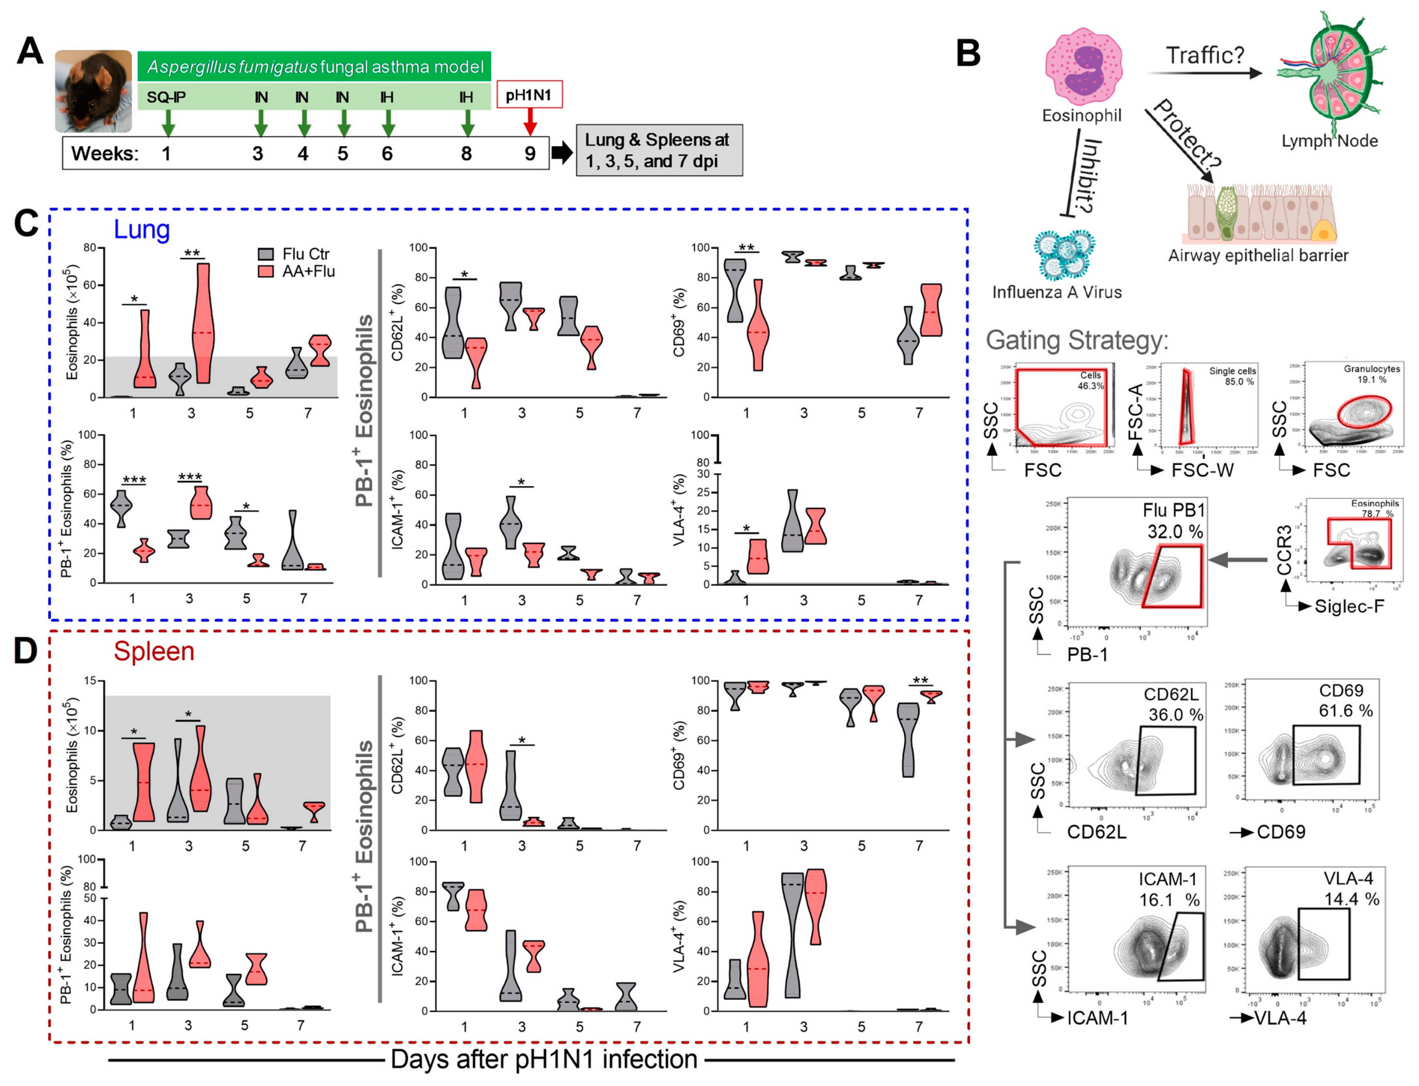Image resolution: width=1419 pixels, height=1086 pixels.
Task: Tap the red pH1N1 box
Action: [x=529, y=95]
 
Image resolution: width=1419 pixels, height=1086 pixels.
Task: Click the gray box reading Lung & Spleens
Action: [x=658, y=150]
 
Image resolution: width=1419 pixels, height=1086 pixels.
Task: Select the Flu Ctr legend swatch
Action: [x=265, y=254]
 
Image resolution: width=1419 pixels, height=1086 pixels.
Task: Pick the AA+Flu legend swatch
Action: [x=265, y=271]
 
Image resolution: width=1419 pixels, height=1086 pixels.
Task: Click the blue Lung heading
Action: [x=142, y=229]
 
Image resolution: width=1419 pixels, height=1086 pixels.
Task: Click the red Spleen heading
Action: [x=154, y=651]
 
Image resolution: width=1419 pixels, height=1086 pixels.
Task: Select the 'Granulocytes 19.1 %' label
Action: [x=1371, y=374]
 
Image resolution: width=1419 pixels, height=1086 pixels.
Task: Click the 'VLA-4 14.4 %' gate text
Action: [x=1351, y=888]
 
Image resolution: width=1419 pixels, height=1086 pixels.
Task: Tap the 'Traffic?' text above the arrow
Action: [x=1204, y=56]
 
